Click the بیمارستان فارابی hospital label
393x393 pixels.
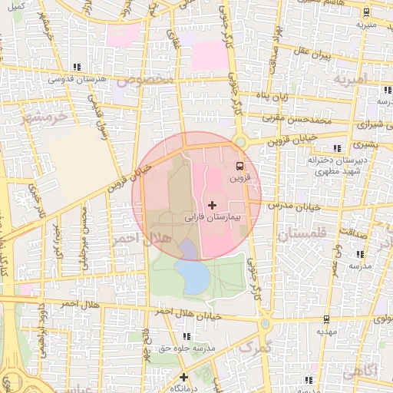[213, 218]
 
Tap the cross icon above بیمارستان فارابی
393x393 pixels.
[213, 205]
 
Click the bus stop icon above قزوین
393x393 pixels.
[239, 165]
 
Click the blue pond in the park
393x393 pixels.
[191, 274]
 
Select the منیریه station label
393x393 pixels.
[366, 24]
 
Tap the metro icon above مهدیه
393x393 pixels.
[327, 319]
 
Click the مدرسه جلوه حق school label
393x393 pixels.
[186, 348]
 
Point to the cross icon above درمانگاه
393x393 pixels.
[183, 377]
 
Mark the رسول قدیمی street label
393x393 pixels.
[97, 117]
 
